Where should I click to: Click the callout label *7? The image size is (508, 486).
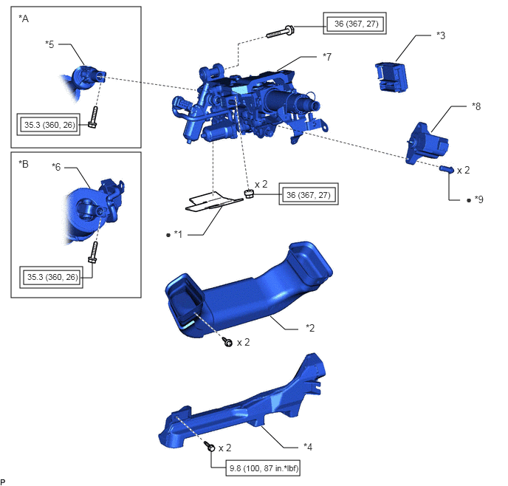[x=327, y=57]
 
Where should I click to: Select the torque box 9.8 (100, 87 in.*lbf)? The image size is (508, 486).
[x=263, y=468]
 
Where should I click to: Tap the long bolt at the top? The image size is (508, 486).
[x=281, y=32]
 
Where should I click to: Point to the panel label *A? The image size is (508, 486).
[x=24, y=18]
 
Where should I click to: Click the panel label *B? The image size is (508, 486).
[x=24, y=164]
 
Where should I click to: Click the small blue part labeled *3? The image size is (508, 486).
[x=391, y=77]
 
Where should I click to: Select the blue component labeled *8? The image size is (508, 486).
[x=427, y=143]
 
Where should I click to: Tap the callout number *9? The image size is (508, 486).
[x=479, y=199]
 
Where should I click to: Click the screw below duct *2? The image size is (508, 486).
[x=227, y=341]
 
